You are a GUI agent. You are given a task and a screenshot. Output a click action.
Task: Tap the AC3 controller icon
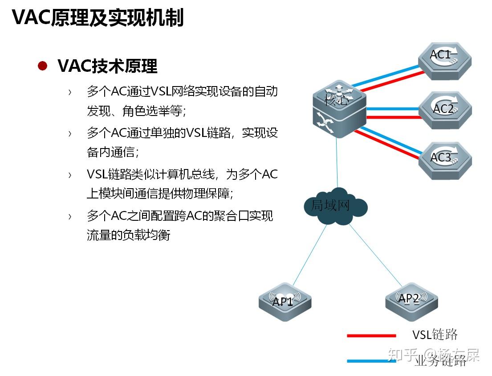pos(444,160)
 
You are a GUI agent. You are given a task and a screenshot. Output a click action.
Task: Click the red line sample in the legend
pos(371,335)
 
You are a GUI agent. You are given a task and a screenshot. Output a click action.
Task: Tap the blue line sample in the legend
pos(371,360)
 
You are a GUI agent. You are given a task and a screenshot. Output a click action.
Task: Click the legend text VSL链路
pos(435,335)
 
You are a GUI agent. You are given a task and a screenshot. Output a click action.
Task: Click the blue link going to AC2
pos(392,108)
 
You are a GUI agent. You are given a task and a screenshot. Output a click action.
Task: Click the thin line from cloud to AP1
pos(309,254)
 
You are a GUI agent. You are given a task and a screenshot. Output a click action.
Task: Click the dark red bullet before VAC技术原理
pos(43,66)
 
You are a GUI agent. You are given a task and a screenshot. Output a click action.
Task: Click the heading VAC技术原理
pos(107,66)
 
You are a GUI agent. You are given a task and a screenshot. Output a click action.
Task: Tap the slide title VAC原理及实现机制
pos(98,18)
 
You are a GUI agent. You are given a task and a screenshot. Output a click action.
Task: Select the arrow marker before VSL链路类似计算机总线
pos(69,175)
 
